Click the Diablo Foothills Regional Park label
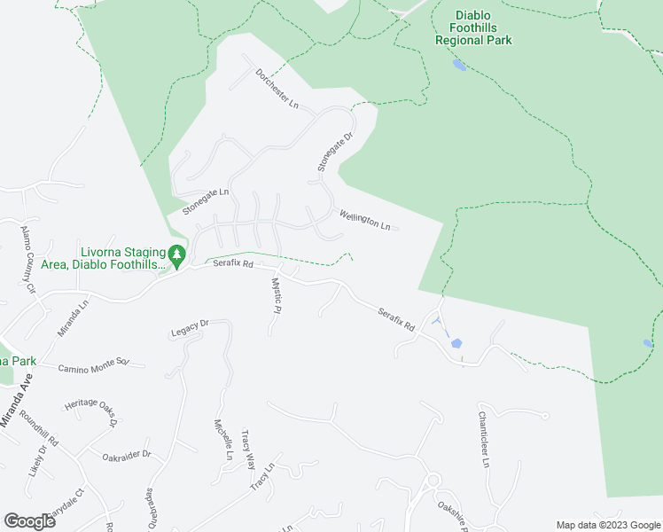pos(472,27)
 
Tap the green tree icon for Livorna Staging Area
pos(177,256)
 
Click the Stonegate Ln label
pos(206,201)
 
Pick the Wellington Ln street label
pos(364,219)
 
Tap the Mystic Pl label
pos(276,297)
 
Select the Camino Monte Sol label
pos(94,365)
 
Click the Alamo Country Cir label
pos(27,259)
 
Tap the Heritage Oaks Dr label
pos(90,409)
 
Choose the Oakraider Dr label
pos(126,457)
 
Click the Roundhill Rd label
pos(41,429)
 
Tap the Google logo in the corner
pos(29,521)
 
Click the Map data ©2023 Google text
pos(609,525)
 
